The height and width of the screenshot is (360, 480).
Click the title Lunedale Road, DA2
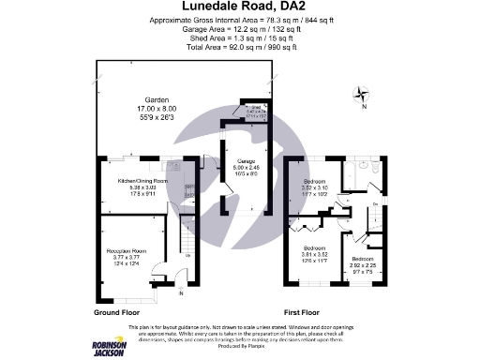pos(239,7)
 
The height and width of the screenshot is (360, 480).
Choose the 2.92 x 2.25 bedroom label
pos(362,259)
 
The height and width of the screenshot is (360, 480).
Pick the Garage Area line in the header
pos(239,27)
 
